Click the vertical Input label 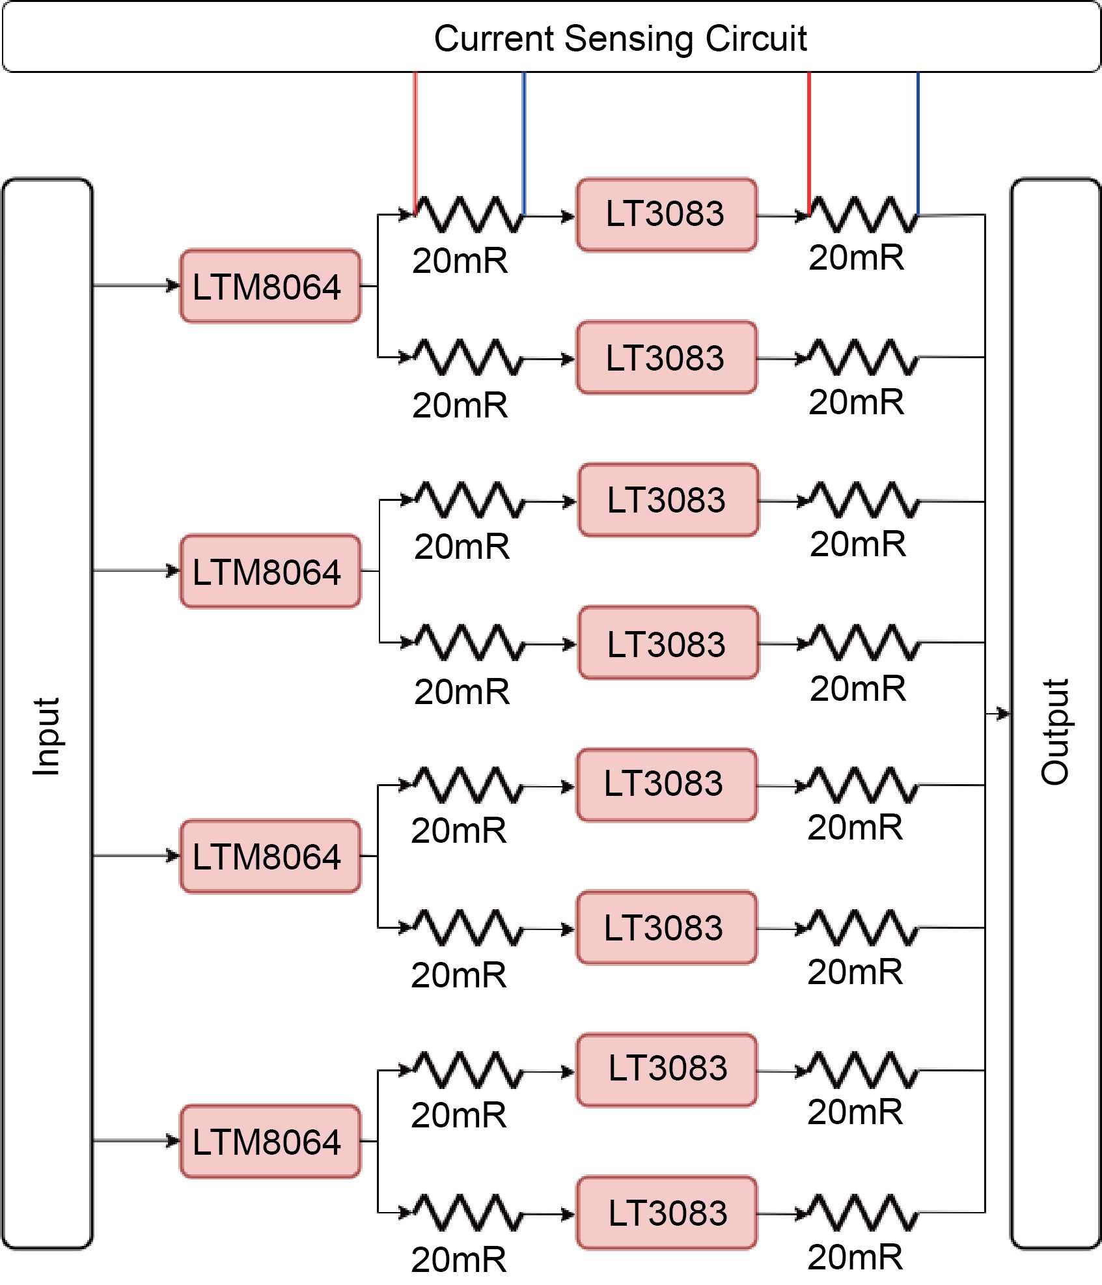(x=47, y=737)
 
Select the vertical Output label (x=1054, y=732)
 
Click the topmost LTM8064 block (x=270, y=286)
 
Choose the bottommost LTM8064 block (x=270, y=1142)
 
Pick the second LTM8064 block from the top (x=270, y=571)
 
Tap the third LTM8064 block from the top (x=270, y=856)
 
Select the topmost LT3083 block (x=667, y=214)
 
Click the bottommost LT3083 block (x=667, y=1213)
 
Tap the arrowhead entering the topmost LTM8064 (x=173, y=285)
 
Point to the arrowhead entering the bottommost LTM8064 (x=173, y=1141)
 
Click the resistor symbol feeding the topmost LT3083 (x=469, y=214)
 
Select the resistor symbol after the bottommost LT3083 (x=863, y=1213)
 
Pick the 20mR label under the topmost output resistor (x=856, y=258)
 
